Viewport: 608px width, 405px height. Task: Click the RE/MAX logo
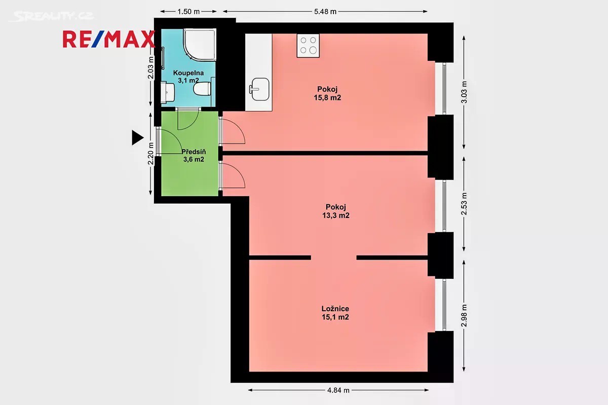click(109, 40)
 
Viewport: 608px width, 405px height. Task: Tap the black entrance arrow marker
click(137, 138)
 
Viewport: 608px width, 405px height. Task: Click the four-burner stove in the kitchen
click(308, 46)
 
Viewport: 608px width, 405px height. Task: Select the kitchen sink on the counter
click(259, 89)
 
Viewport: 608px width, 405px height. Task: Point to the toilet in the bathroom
click(202, 89)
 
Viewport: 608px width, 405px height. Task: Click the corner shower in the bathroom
click(200, 45)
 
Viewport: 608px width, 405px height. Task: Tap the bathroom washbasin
click(168, 93)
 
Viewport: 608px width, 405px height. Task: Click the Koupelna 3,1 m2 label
click(188, 77)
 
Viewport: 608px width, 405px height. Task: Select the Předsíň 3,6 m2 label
click(194, 156)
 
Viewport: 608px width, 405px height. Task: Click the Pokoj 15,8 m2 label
click(327, 93)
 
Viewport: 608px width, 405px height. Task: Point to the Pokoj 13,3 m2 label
click(336, 211)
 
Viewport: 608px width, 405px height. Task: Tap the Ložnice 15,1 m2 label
click(335, 313)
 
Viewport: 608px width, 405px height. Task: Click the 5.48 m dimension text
click(325, 12)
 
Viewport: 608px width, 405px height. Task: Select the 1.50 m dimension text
click(188, 12)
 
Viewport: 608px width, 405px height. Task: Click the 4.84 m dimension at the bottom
click(338, 390)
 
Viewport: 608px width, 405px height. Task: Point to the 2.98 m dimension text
click(464, 315)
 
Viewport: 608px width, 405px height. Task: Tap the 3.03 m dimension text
click(464, 92)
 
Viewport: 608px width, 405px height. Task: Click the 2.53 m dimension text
click(464, 204)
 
